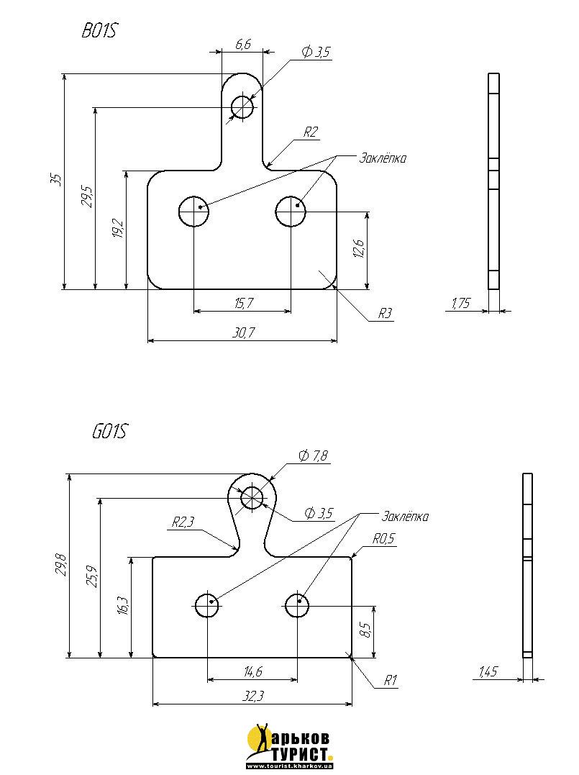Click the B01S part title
pyautogui.click(x=100, y=31)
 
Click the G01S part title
pyautogui.click(x=109, y=432)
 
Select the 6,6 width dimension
pyautogui.click(x=243, y=45)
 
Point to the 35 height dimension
pyautogui.click(x=55, y=180)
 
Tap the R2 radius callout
pyautogui.click(x=310, y=132)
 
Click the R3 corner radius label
pyautogui.click(x=386, y=313)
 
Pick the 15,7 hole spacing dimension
pyautogui.click(x=243, y=304)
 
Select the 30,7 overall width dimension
pyautogui.click(x=243, y=332)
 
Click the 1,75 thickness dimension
pyautogui.click(x=460, y=304)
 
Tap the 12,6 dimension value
pyautogui.click(x=360, y=248)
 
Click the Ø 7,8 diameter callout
pyautogui.click(x=313, y=456)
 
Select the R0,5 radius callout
pyautogui.click(x=383, y=538)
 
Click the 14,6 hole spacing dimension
pyautogui.click(x=252, y=672)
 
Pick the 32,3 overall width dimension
pyautogui.click(x=252, y=697)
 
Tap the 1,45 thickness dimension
pyautogui.click(x=489, y=672)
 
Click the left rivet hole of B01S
pyautogui.click(x=193, y=212)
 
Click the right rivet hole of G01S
pyautogui.click(x=297, y=606)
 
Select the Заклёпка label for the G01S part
pyautogui.click(x=405, y=517)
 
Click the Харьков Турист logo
pyautogui.click(x=289, y=745)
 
